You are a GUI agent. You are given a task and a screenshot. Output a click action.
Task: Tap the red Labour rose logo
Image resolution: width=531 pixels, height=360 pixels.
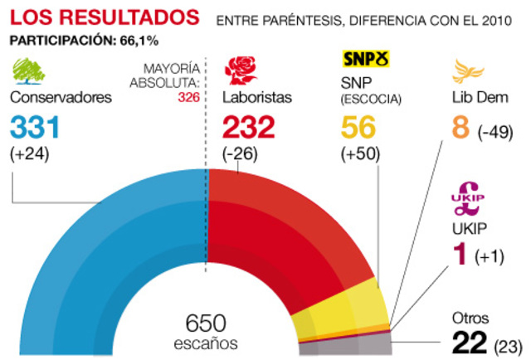(241, 71)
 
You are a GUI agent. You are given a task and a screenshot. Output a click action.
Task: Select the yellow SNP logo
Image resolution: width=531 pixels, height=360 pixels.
(366, 61)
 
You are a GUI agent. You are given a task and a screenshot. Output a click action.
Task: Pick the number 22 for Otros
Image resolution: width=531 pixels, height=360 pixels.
(469, 342)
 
